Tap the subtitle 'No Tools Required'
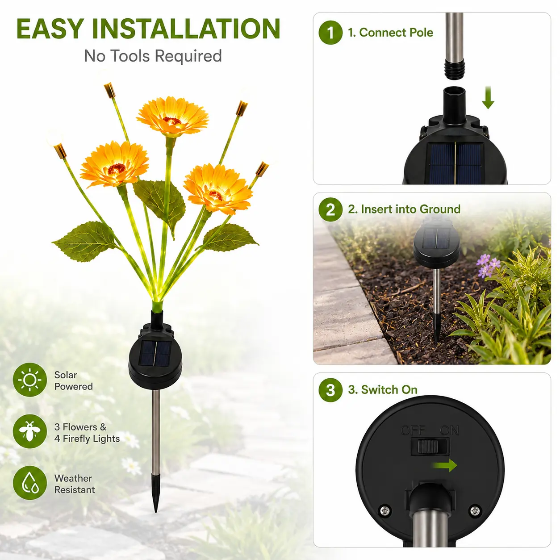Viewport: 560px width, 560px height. click(153, 56)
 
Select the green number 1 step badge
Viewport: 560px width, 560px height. click(330, 33)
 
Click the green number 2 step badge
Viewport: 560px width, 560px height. click(330, 209)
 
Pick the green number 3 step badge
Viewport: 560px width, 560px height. click(330, 390)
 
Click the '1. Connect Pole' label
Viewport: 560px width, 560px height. click(390, 33)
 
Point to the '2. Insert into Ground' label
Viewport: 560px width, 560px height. click(404, 209)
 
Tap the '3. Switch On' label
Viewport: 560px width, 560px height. click(382, 390)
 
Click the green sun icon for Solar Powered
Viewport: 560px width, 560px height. click(29, 380)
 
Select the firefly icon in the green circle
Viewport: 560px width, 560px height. click(29, 431)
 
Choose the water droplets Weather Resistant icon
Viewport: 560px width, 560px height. click(29, 483)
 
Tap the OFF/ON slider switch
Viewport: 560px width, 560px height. click(430, 447)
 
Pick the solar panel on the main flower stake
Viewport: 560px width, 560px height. click(155, 353)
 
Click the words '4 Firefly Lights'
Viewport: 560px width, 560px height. click(87, 438)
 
